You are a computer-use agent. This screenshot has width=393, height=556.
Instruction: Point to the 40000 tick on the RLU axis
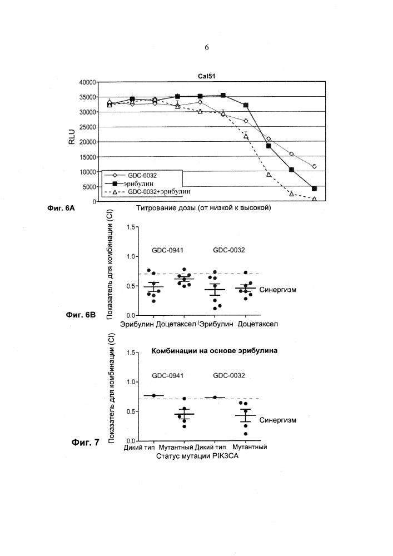pyautogui.click(x=87, y=82)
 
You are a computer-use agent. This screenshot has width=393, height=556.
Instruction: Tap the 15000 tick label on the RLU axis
pyautogui.click(x=87, y=157)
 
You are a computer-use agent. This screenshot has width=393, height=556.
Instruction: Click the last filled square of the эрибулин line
pyautogui.click(x=315, y=189)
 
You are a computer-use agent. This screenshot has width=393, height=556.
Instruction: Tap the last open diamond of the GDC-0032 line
pyautogui.click(x=315, y=166)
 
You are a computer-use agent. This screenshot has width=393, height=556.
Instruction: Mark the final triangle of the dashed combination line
pyautogui.click(x=315, y=198)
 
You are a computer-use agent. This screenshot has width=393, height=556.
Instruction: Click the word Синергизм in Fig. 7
pyautogui.click(x=276, y=420)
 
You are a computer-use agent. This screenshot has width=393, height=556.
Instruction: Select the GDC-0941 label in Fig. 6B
pyautogui.click(x=167, y=250)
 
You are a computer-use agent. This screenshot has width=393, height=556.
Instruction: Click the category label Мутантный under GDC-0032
pyautogui.click(x=250, y=446)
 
